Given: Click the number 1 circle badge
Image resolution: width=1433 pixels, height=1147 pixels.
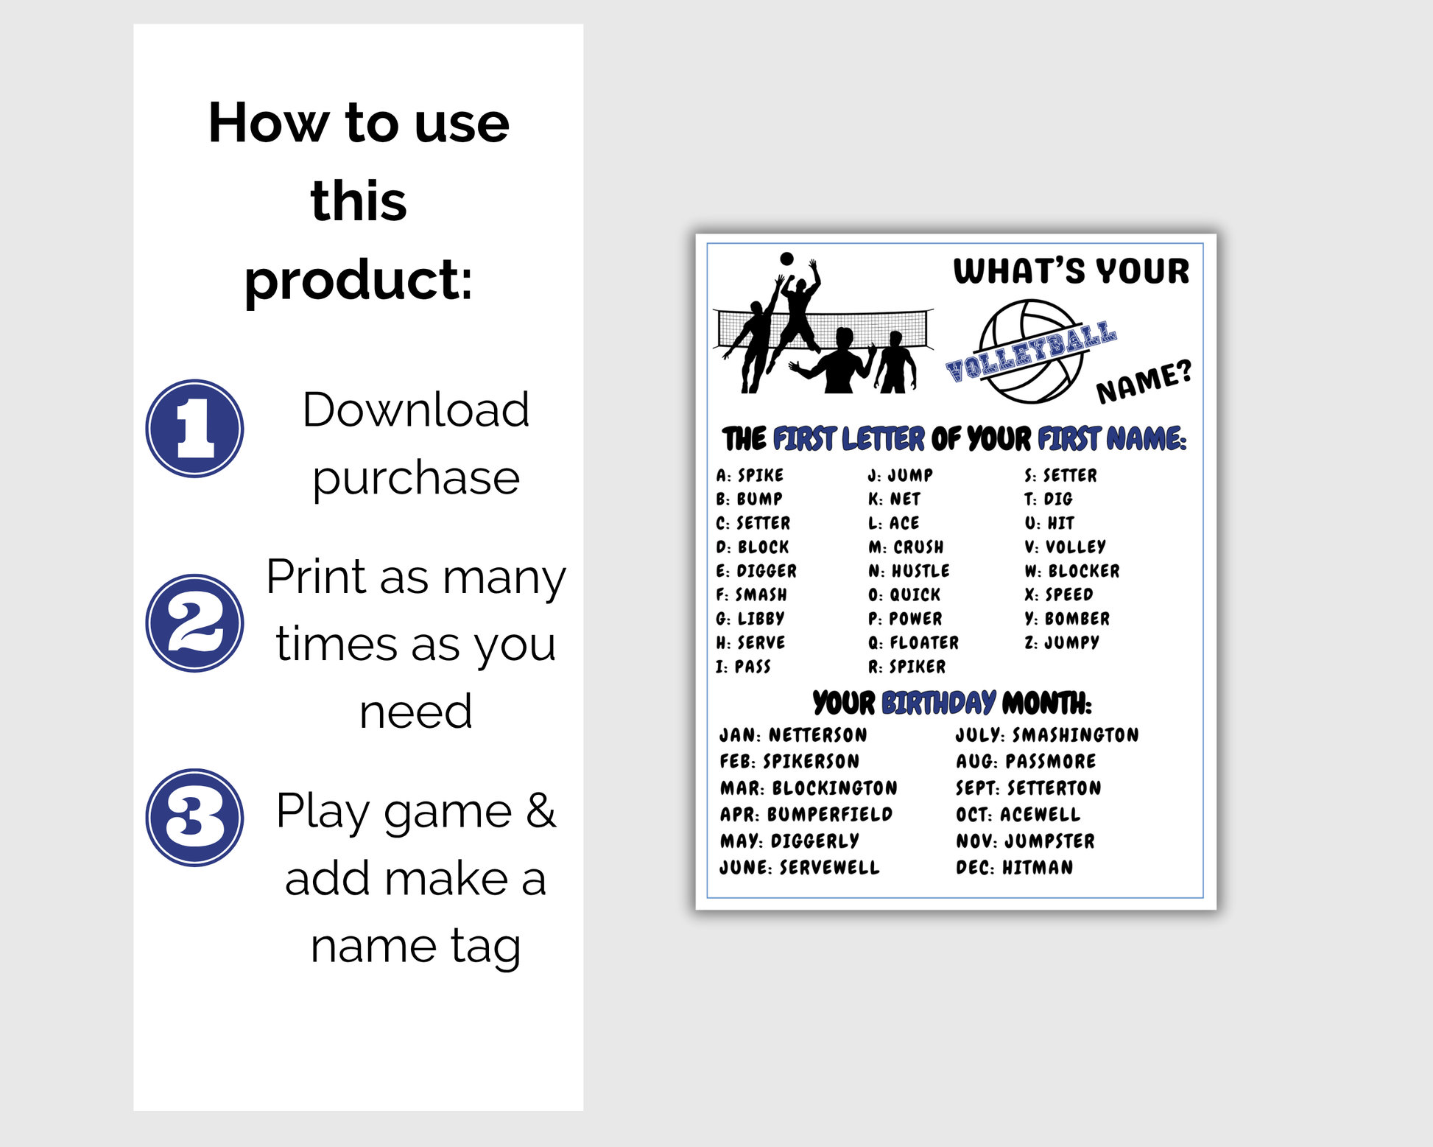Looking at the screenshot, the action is [x=194, y=429].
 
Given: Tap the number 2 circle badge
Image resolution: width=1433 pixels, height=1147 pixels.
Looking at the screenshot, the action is [x=194, y=623].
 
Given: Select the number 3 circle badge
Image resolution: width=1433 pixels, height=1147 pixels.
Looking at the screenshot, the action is [x=194, y=818].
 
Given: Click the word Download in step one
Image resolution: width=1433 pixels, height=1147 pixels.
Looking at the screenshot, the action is [x=415, y=410].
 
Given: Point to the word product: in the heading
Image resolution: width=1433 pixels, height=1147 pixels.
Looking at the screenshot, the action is [x=359, y=281].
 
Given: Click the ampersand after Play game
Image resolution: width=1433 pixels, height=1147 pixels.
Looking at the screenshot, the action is [x=541, y=810].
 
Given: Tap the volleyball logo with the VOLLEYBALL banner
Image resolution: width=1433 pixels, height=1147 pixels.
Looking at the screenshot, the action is [x=1031, y=351].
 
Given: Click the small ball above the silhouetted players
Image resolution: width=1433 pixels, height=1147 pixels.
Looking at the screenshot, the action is [x=786, y=259].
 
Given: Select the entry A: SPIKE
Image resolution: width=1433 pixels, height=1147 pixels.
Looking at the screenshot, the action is [x=750, y=475].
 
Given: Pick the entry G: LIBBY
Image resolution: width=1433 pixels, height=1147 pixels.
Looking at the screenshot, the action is [x=750, y=619].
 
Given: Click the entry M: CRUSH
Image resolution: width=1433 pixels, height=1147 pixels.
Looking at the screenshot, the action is [x=906, y=547].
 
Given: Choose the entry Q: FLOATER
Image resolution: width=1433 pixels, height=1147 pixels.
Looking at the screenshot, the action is [x=913, y=642].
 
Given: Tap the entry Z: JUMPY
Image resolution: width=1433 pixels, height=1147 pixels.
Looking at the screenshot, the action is [x=1062, y=642].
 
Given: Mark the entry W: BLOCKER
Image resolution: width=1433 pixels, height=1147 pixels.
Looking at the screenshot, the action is [x=1072, y=571].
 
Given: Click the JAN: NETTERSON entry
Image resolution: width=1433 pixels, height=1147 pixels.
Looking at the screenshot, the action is [x=793, y=735].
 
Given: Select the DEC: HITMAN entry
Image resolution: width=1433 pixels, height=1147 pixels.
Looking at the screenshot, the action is [x=1014, y=868].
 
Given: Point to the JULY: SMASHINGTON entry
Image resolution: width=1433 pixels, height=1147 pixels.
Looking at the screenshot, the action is [x=1047, y=735].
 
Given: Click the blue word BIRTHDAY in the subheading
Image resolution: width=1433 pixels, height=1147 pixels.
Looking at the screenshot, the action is [x=939, y=704].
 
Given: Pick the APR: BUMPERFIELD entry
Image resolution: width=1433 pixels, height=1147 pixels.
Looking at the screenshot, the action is [x=806, y=815].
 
